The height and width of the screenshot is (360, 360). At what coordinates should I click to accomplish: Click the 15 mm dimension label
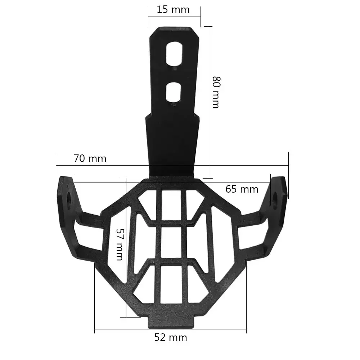pos(173,10)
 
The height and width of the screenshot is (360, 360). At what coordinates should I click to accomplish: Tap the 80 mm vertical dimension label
pos(216,92)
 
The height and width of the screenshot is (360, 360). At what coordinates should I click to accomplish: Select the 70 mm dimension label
pos(90,158)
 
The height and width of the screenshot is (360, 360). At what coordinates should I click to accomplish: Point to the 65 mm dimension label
pos(242,189)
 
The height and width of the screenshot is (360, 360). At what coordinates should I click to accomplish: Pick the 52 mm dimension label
pos(171,337)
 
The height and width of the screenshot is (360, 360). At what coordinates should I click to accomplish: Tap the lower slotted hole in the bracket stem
pos(174,91)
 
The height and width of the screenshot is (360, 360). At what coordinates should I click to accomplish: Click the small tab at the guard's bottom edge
pos(171,322)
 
